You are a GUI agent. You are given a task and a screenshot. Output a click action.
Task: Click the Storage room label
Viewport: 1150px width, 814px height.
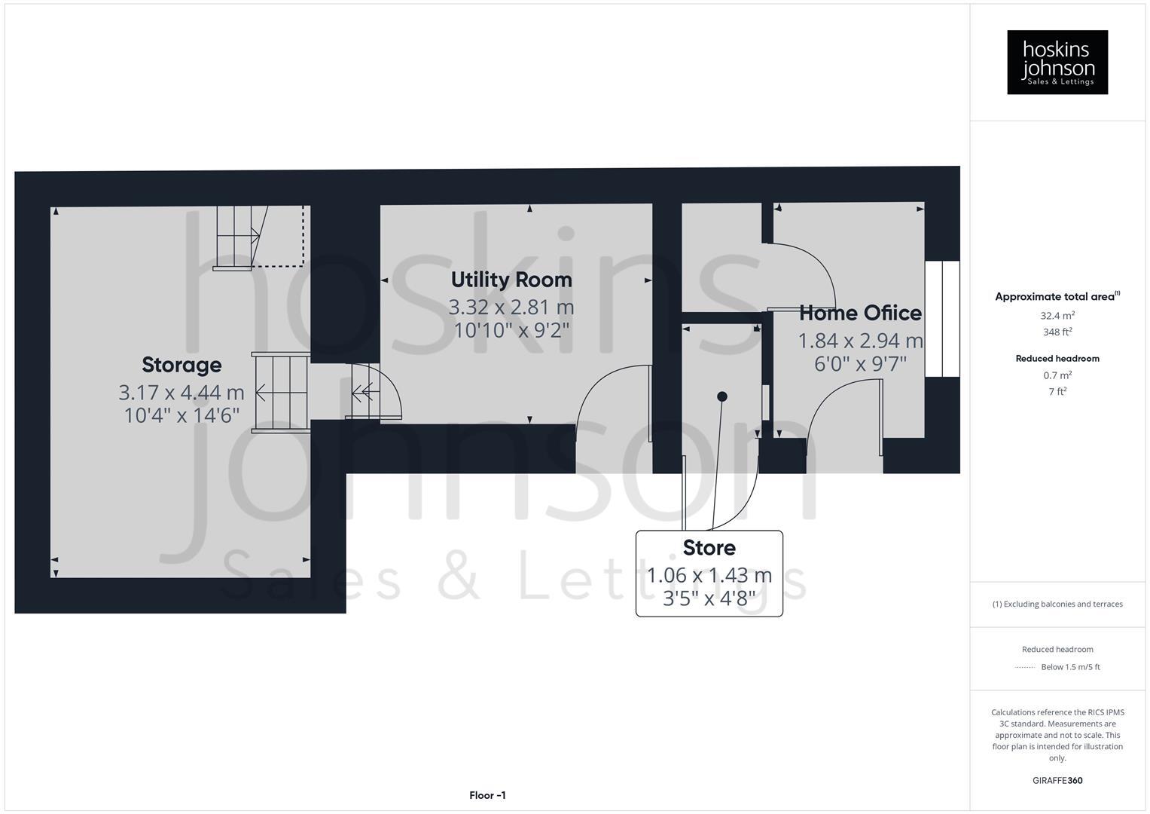click(x=181, y=365)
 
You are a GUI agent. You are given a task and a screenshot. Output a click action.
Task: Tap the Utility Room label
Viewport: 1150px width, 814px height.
click(x=511, y=280)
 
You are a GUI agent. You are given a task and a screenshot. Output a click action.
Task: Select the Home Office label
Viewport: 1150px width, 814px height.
click(x=860, y=313)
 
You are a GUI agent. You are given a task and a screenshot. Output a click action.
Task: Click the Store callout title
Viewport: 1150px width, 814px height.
click(x=709, y=547)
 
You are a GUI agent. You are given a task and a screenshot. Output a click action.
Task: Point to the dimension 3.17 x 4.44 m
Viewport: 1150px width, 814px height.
click(x=181, y=392)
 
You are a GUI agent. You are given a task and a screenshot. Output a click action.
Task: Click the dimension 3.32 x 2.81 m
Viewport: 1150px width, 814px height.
click(x=511, y=307)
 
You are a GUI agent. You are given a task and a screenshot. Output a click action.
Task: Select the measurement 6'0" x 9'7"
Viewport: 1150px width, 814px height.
click(x=860, y=364)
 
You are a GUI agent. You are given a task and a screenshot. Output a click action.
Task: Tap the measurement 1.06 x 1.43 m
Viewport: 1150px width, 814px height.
click(x=709, y=575)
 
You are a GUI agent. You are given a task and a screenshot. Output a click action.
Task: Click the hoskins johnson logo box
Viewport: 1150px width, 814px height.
click(x=1057, y=62)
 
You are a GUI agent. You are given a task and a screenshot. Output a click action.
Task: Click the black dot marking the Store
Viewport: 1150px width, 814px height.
click(x=721, y=396)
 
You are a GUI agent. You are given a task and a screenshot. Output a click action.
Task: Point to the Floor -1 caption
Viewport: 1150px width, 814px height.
click(x=487, y=795)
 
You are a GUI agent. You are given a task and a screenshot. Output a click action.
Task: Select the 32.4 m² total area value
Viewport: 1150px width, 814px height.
click(x=1057, y=316)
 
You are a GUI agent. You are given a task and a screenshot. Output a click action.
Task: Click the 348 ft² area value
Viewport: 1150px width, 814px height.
click(x=1057, y=332)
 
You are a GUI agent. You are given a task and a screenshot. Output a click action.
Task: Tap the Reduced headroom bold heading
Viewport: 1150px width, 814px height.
click(x=1057, y=358)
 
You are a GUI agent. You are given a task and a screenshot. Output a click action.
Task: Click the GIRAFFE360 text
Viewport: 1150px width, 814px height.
click(x=1057, y=780)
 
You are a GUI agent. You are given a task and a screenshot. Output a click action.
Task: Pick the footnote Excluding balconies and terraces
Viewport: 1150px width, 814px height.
click(x=1057, y=604)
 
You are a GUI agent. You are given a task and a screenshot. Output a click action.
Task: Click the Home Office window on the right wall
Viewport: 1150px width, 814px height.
click(x=941, y=319)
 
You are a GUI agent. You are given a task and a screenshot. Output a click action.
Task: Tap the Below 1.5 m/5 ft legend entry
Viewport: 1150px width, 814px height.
click(x=1069, y=667)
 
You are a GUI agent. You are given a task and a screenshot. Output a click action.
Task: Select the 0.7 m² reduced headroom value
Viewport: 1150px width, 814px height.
click(x=1057, y=375)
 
